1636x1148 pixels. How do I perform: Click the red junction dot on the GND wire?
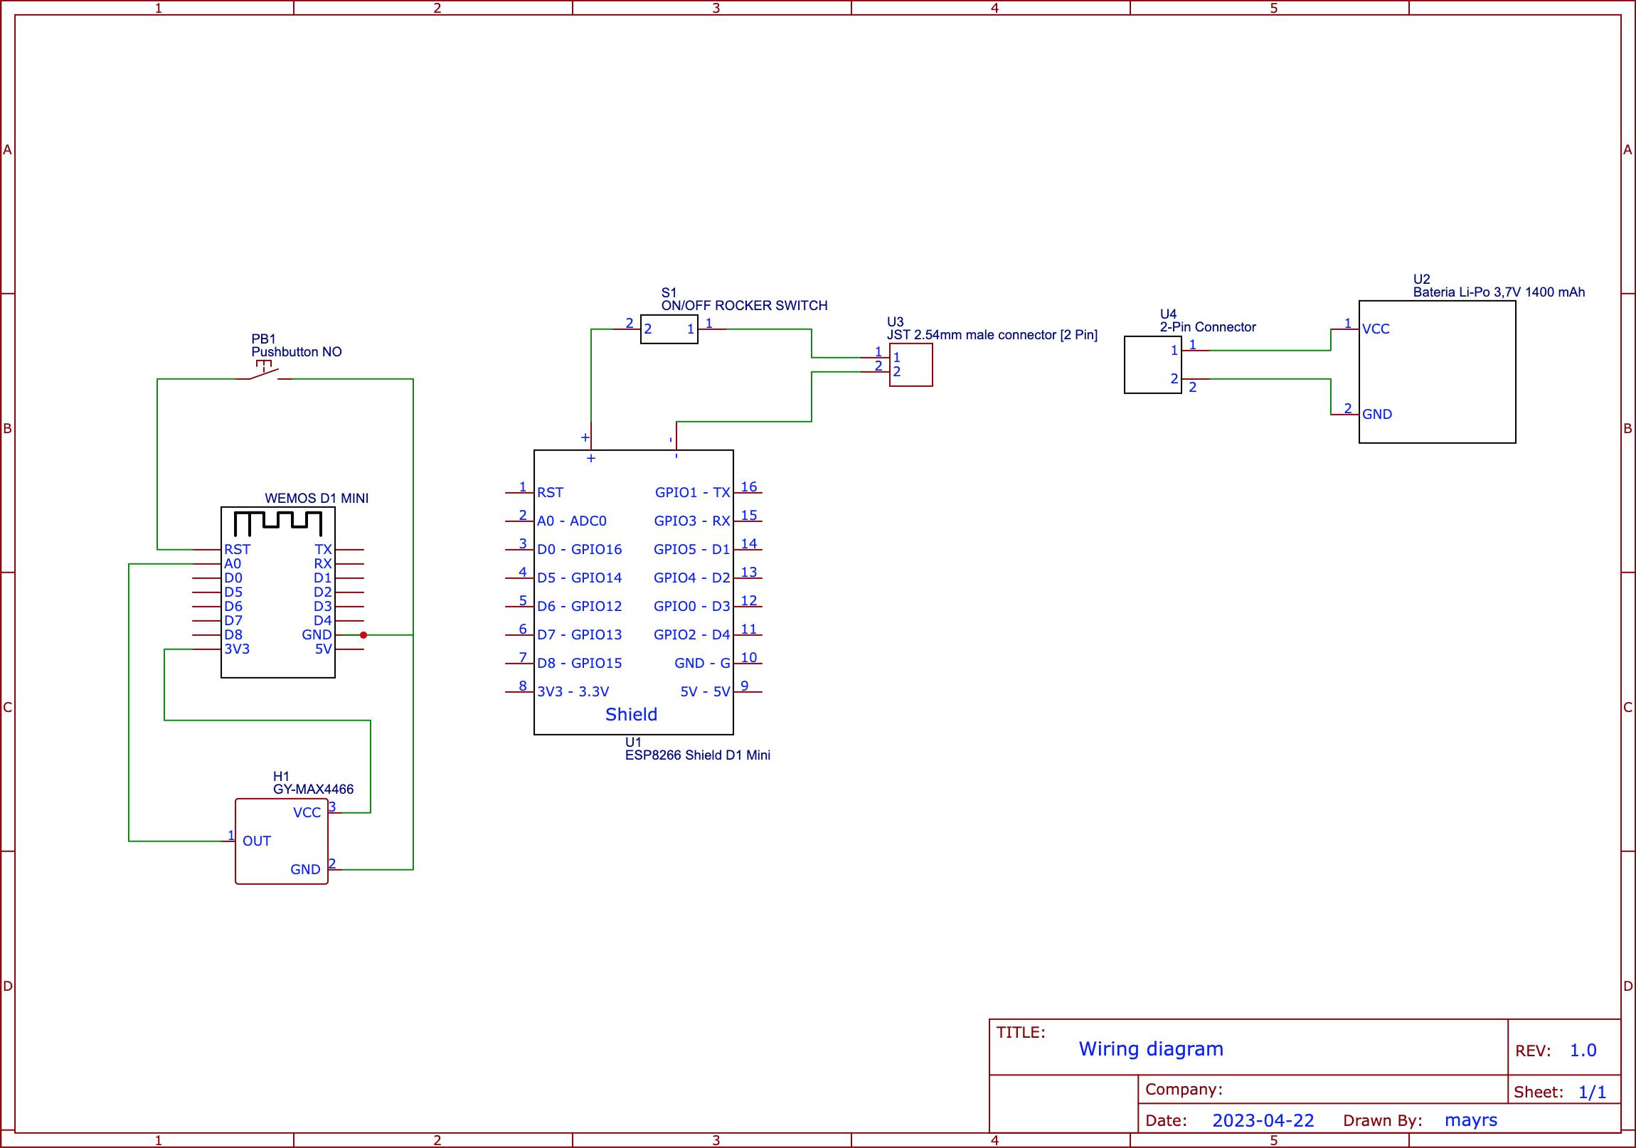(363, 635)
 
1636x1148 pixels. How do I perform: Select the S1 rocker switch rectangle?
(669, 329)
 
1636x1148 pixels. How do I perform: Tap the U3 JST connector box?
(910, 365)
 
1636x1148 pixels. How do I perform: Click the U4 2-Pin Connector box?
(1152, 365)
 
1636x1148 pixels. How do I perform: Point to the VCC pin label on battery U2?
(1375, 329)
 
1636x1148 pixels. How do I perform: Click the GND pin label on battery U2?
(1376, 415)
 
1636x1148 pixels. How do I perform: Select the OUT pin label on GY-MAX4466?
(257, 841)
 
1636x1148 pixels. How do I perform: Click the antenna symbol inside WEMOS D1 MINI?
(278, 523)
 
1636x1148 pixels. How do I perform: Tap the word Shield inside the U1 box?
(631, 715)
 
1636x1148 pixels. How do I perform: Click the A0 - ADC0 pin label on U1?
(571, 521)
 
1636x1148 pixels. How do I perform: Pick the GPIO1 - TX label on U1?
(692, 492)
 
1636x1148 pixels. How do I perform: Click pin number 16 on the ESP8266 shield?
(748, 487)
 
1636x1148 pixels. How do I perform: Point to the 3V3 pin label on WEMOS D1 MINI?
(237, 649)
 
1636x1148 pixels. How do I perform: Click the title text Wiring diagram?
(1150, 1049)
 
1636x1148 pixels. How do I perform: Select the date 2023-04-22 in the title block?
(1263, 1120)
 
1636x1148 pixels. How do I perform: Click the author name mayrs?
(1470, 1120)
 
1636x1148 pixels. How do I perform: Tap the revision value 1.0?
(1583, 1051)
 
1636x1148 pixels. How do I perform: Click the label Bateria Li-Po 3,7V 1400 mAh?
(1499, 292)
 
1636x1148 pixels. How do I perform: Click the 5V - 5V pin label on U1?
(705, 692)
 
